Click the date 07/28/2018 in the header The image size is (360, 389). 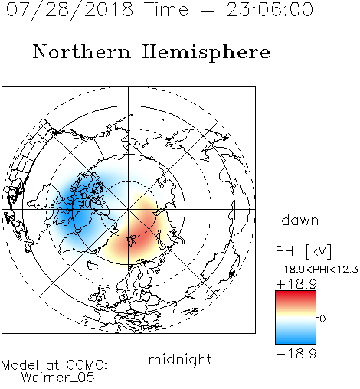pyautogui.click(x=70, y=10)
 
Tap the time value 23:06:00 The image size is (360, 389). pyautogui.click(x=270, y=10)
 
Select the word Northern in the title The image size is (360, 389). pyautogui.click(x=82, y=52)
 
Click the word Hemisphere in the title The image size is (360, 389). pyautogui.click(x=206, y=53)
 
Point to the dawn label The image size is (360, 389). pyautogui.click(x=300, y=220)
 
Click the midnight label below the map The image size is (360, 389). pyautogui.click(x=180, y=360)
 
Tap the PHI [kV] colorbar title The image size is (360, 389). pyautogui.click(x=303, y=251)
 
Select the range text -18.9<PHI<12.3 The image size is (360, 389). pyautogui.click(x=317, y=270)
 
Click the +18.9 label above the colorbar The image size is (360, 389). pyautogui.click(x=296, y=284)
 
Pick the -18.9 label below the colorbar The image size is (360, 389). pyautogui.click(x=296, y=354)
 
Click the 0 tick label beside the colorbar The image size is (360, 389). pyautogui.click(x=322, y=319)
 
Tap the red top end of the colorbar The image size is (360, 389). pyautogui.click(x=296, y=293)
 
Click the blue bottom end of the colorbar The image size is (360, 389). pyautogui.click(x=296, y=342)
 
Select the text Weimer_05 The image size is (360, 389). pyautogui.click(x=58, y=378)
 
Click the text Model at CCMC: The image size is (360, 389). pyautogui.click(x=54, y=365)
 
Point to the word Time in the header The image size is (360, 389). pyautogui.click(x=166, y=10)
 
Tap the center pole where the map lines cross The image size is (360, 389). pyautogui.click(x=129, y=210)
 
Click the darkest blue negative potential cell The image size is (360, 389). pyautogui.click(x=77, y=207)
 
